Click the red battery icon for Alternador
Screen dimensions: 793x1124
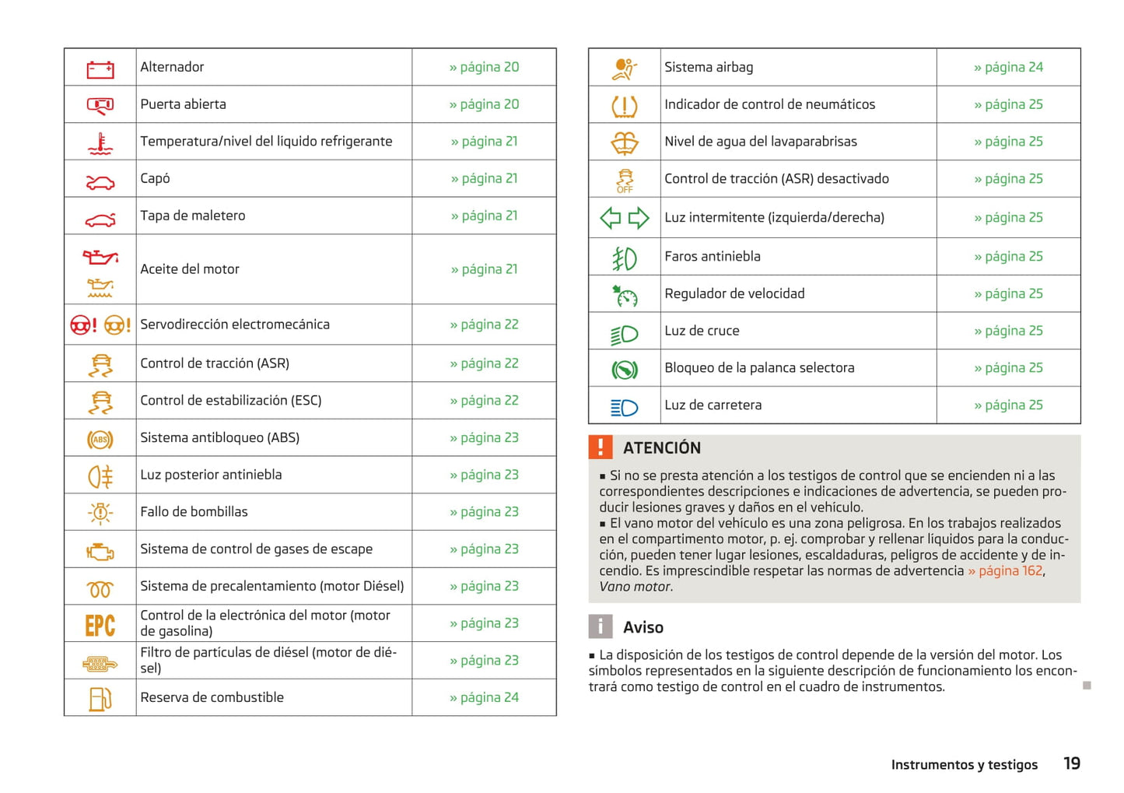tap(100, 69)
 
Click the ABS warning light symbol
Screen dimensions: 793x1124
tap(100, 440)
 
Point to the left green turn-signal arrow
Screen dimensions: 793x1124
tap(611, 218)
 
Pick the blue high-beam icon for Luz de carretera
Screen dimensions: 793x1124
tap(625, 407)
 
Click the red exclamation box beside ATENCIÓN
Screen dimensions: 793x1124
tap(601, 447)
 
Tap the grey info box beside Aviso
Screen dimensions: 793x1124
tap(601, 626)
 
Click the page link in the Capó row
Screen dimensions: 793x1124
tap(484, 178)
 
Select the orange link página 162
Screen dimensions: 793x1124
tap(1005, 570)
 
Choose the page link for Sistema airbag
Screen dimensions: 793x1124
tap(1008, 67)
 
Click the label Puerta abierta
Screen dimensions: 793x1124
tap(183, 104)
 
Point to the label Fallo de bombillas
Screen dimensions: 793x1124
tap(194, 511)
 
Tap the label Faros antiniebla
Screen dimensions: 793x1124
tap(712, 256)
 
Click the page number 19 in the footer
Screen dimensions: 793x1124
tap(1072, 763)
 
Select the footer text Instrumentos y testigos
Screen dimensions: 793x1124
tap(964, 764)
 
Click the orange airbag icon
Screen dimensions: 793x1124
tap(624, 68)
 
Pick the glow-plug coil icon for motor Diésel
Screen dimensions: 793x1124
tap(100, 588)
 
